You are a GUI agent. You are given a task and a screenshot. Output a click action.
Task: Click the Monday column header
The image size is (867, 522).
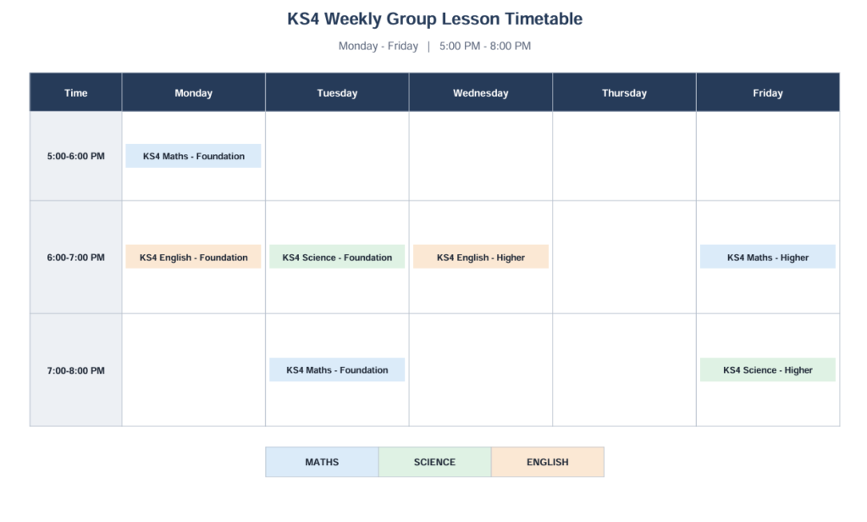coord(194,92)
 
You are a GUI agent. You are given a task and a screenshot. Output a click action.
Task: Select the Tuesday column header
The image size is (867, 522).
coord(337,92)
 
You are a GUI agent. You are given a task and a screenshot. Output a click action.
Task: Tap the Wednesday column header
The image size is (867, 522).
coord(481,92)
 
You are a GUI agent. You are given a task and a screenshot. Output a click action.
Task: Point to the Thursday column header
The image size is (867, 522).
coord(624,92)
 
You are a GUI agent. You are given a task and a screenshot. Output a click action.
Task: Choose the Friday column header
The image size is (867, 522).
coord(768,92)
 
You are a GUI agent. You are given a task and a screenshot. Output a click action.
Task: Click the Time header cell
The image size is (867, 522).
coord(75,92)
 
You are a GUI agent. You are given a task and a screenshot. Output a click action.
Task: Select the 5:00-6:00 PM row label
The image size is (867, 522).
coord(75,156)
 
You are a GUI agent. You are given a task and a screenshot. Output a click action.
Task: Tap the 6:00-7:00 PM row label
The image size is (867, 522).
coord(75,258)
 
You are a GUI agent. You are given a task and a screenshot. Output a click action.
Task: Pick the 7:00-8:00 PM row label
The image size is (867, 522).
coord(75,370)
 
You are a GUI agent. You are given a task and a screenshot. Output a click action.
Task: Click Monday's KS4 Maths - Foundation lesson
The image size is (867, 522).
coord(194,156)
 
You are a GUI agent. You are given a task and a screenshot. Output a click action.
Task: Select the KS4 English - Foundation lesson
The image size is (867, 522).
coord(194,257)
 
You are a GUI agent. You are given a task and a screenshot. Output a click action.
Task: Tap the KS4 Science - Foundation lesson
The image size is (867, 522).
coord(337,257)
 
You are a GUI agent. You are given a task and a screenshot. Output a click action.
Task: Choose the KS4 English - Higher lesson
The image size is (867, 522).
coord(481,257)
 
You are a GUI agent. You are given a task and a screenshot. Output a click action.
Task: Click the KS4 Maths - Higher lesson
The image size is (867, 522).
coord(768,257)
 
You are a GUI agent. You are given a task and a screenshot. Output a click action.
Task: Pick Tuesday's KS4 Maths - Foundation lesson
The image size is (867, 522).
coord(337,369)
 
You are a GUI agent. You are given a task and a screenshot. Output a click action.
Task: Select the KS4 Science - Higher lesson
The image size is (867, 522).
coord(768,369)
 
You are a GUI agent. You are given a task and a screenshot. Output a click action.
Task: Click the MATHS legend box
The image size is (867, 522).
coord(322,462)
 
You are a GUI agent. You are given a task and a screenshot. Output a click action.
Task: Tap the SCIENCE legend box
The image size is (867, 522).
coord(434,462)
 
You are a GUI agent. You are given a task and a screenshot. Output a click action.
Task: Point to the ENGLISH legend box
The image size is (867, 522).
coord(548,462)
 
